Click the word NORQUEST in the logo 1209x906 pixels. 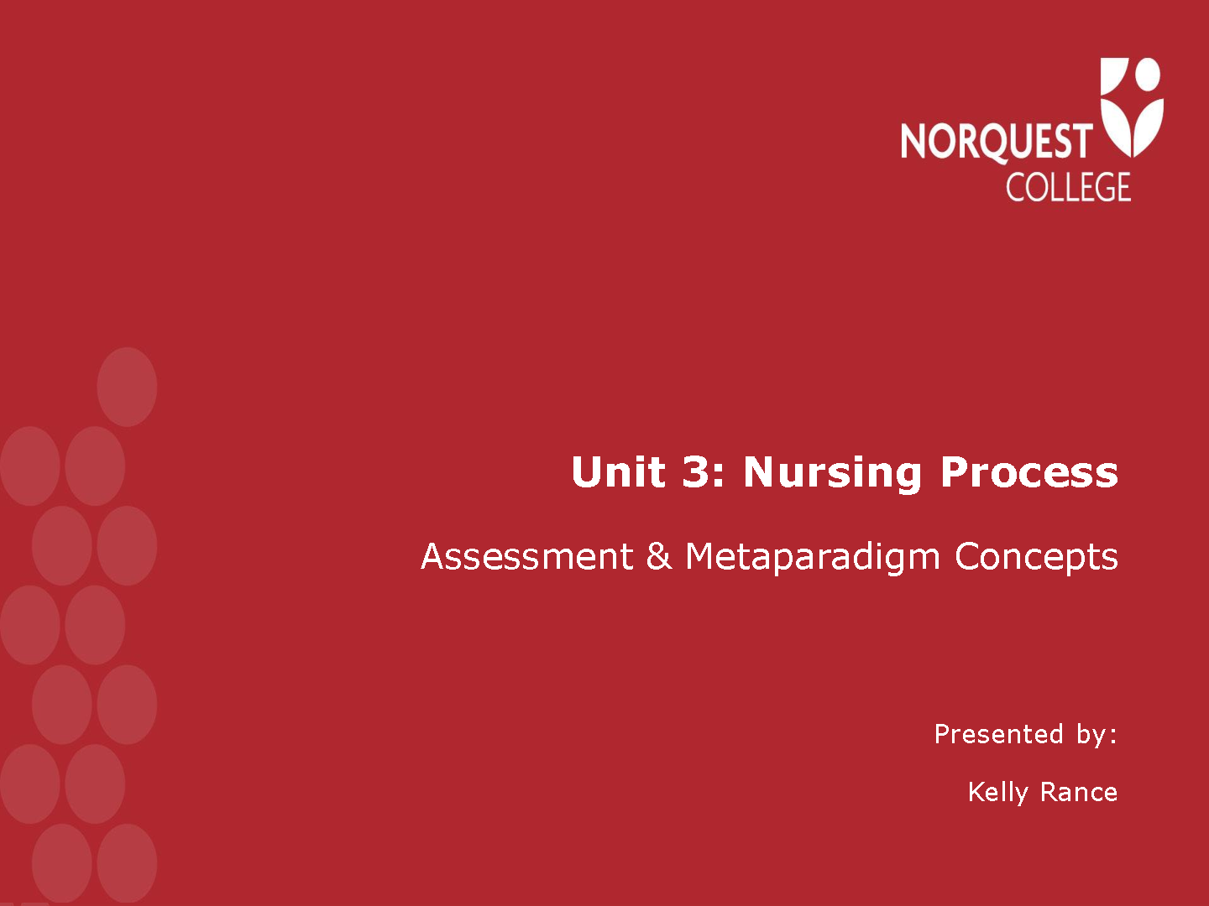(x=997, y=143)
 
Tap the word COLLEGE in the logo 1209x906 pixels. (x=1069, y=187)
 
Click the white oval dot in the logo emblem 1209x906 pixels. (x=1148, y=75)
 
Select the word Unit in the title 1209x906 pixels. (x=618, y=471)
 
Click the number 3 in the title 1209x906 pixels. (x=696, y=471)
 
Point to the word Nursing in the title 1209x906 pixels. (x=832, y=474)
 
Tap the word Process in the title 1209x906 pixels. (x=1029, y=472)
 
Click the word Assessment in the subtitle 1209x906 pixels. (x=527, y=556)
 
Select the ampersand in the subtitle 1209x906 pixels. (x=659, y=556)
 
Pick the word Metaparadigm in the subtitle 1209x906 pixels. (x=812, y=559)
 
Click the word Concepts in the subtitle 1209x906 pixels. (x=1036, y=559)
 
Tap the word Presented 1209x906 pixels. (x=998, y=734)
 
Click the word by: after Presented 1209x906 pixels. (x=1096, y=736)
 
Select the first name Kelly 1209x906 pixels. (x=998, y=794)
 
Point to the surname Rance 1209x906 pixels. (x=1079, y=792)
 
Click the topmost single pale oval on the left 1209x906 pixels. (x=128, y=387)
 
